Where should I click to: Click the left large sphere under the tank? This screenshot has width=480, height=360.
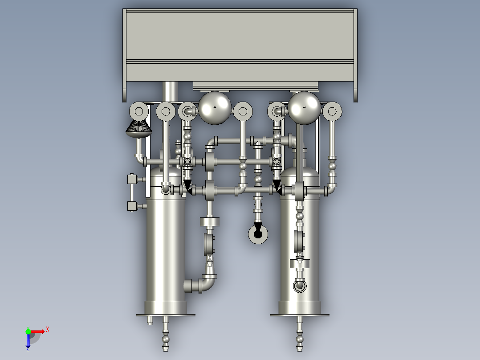click(x=215, y=108)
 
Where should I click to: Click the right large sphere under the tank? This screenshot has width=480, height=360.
click(x=304, y=108)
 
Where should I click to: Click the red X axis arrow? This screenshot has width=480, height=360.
click(x=38, y=331)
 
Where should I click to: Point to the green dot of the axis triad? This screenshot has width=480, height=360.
click(x=28, y=331)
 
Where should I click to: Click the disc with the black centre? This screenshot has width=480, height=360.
click(x=258, y=234)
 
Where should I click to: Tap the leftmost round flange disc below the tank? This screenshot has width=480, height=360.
click(x=139, y=111)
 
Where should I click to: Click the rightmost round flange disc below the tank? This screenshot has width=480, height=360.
click(x=332, y=111)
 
